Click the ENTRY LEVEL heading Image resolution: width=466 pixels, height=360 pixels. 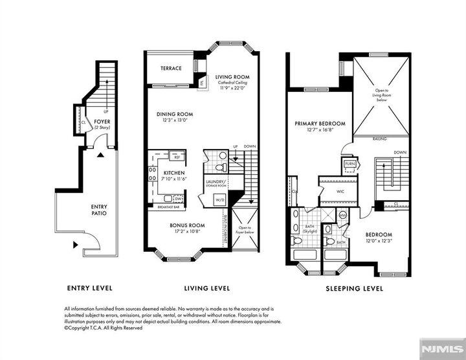coord(90,288)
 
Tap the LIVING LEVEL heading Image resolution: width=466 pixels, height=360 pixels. coord(207,288)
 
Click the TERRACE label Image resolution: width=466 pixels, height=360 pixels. coord(171,69)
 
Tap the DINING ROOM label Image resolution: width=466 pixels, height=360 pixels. coord(175,115)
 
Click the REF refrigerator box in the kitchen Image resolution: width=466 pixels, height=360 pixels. coord(176,157)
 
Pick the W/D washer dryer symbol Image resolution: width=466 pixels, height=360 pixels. coord(219,200)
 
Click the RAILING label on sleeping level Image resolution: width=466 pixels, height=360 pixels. coord(380,138)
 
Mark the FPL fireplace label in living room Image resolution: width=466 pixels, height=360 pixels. coord(202,83)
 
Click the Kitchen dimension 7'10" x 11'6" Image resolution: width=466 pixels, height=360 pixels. coord(175,178)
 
